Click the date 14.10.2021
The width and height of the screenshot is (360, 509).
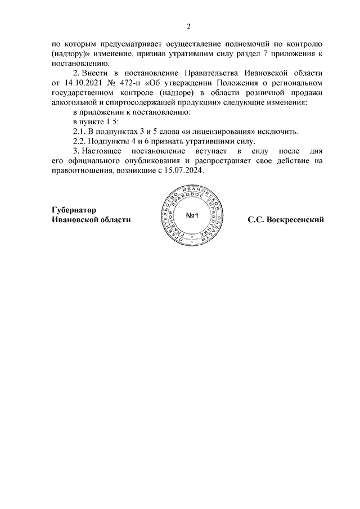pos(88,83)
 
